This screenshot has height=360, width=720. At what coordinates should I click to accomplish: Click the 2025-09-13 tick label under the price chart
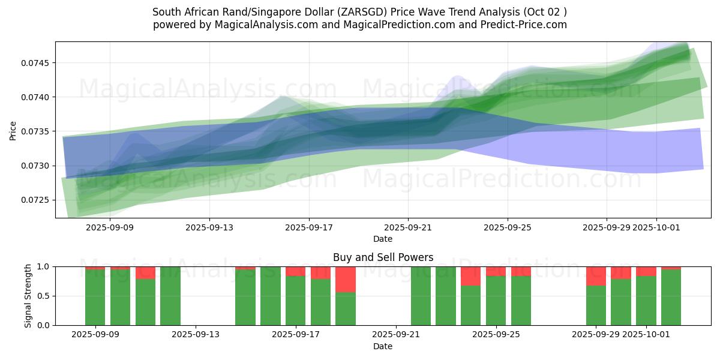209,227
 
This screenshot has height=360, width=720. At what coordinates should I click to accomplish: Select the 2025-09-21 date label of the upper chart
408,227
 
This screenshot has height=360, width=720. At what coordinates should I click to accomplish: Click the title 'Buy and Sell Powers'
383,257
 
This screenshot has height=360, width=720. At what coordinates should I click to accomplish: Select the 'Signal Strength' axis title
28,296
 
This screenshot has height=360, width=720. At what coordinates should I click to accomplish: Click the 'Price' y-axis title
13,130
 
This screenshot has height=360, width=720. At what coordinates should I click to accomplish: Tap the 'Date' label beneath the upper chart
383,239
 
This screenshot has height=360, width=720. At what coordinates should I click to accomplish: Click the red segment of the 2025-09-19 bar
346,279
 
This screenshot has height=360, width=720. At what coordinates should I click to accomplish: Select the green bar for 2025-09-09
95,298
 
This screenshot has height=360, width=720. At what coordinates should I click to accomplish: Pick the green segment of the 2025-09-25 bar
496,301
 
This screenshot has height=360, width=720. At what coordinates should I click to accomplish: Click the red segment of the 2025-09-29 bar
596,276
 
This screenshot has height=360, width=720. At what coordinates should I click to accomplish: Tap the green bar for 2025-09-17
295,301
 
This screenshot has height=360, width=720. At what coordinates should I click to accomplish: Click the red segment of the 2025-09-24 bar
470,276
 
